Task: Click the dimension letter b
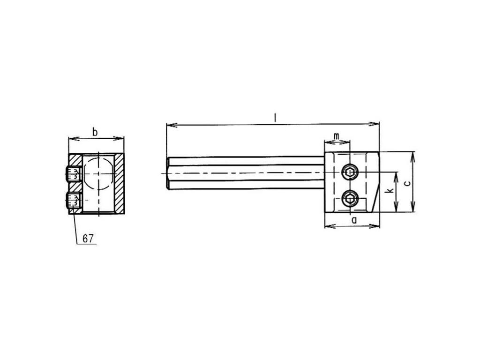point(95,133)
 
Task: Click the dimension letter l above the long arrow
point(275,118)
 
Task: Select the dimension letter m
point(337,136)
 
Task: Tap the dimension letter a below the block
point(354,219)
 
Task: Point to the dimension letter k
point(390,191)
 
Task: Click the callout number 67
point(88,239)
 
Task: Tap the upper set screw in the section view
point(74,173)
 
